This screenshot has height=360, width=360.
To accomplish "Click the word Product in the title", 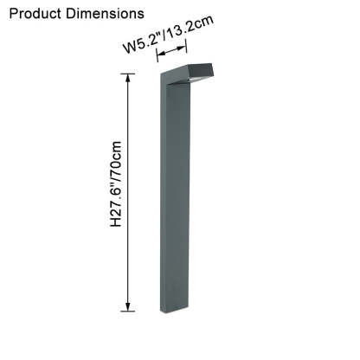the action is coord(35,14).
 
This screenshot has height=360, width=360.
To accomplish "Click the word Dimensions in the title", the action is coord(106,14).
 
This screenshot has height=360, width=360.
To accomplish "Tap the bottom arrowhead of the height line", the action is coord(128,307).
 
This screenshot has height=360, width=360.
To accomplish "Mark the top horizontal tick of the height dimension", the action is coord(128,74).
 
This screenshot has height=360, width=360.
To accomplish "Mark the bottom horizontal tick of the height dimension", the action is coord(128,312).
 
